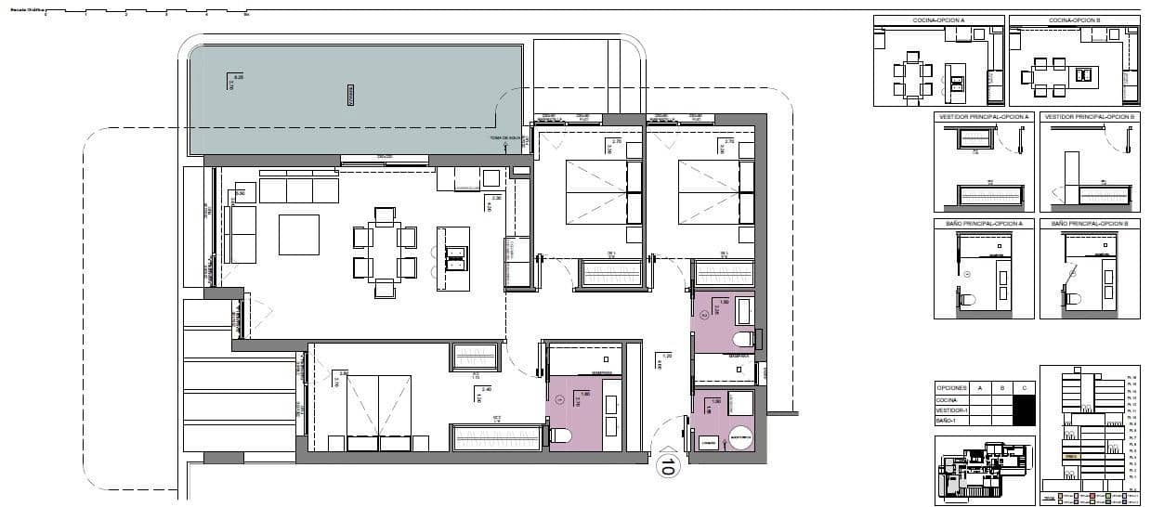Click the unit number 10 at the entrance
coord(666,465)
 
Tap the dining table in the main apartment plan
coord(385,251)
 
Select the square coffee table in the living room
coord(299,235)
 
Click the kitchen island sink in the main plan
coord(455,257)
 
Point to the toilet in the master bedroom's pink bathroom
coord(561,435)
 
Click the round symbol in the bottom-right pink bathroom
coord(741,435)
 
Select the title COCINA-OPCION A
coord(938,20)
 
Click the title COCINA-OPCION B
coord(1074,20)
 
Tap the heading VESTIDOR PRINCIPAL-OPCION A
coord(984,117)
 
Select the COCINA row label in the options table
coord(948,399)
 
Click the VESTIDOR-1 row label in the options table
coord(951,410)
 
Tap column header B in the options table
coord(1001,388)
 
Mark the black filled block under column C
coord(1023,409)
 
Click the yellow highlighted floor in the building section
coord(1071,457)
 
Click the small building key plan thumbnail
coord(981,471)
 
